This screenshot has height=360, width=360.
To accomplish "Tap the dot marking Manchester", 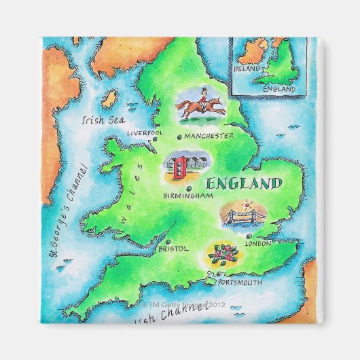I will tap(179, 137).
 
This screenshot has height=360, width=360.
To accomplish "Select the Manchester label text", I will tap(209, 136).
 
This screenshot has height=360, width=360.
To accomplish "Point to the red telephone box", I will tap(178, 166).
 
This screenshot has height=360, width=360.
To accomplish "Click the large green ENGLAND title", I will tap(243, 183).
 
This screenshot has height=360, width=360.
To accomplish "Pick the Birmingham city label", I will tap(188, 196).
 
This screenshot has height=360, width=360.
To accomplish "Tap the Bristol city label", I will tap(172, 249).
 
